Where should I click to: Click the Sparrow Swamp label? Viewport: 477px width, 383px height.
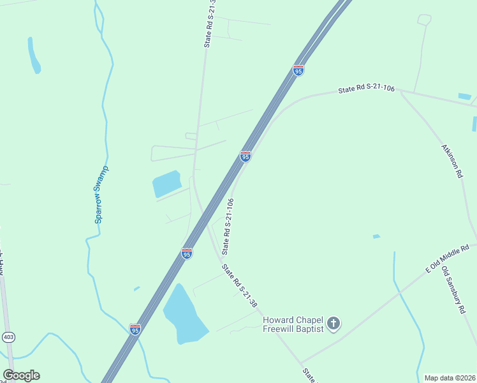[x=101, y=195]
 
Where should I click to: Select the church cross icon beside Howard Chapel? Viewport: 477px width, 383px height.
[x=334, y=324]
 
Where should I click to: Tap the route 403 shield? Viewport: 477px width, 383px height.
[x=8, y=337]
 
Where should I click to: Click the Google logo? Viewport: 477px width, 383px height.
[x=21, y=375]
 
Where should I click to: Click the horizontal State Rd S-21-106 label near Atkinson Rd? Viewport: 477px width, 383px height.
[x=367, y=90]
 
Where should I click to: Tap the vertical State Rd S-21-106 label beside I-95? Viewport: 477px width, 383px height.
[x=228, y=225]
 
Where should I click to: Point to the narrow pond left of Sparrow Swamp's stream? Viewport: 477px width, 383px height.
[x=34, y=56]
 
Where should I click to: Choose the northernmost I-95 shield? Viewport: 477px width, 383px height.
[x=298, y=70]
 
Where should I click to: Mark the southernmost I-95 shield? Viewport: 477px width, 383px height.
[x=135, y=329]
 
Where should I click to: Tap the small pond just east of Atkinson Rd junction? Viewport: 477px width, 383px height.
[x=464, y=96]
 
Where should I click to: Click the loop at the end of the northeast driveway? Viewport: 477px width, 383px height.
[x=424, y=20]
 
